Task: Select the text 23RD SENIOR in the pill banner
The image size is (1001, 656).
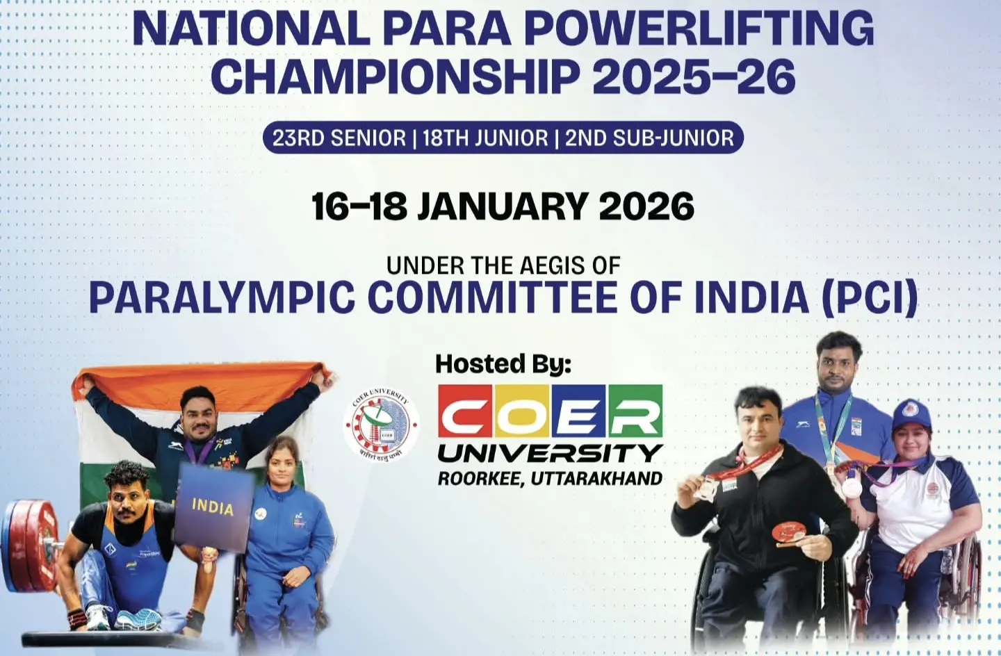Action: [x=339, y=138]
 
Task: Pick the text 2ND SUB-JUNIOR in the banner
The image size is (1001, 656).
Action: [x=649, y=138]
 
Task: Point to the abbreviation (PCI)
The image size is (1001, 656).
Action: [x=870, y=297]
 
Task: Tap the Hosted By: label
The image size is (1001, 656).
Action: [x=503, y=363]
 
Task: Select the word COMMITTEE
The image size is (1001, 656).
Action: [x=492, y=297]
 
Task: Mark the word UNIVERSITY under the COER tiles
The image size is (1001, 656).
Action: [x=550, y=453]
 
